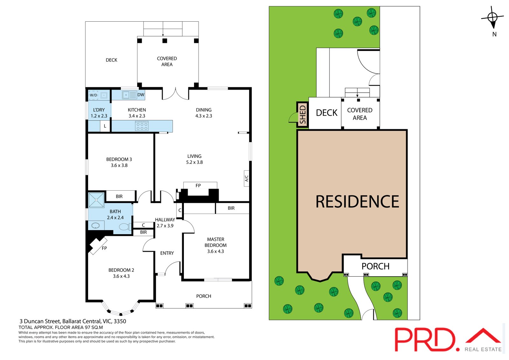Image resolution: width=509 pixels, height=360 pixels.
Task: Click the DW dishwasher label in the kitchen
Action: [x=141, y=95]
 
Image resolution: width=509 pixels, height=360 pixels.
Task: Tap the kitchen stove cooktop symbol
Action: [x=142, y=126]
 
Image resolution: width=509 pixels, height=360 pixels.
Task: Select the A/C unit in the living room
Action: [x=247, y=179]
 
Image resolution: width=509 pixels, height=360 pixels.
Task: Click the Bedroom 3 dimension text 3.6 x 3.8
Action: [x=119, y=165]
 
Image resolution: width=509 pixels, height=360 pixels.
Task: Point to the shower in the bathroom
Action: [x=96, y=200]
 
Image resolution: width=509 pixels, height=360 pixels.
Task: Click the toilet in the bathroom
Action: [x=125, y=227]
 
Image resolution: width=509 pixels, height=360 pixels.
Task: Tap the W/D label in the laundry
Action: [x=94, y=95]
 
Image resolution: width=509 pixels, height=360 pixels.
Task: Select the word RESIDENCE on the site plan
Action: [x=357, y=202]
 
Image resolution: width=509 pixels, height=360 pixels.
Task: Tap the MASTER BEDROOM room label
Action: [x=215, y=242]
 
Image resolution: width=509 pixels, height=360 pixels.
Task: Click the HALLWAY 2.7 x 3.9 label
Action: [x=165, y=222]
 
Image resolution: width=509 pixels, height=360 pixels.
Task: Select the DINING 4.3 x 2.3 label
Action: [x=204, y=113]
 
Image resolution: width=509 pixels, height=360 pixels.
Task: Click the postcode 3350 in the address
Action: [x=120, y=321]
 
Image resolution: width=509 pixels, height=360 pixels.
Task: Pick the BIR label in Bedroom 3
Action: [x=119, y=196]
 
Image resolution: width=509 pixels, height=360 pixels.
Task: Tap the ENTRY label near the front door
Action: [x=167, y=253]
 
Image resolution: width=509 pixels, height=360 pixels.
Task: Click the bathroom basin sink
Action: [x=95, y=226]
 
